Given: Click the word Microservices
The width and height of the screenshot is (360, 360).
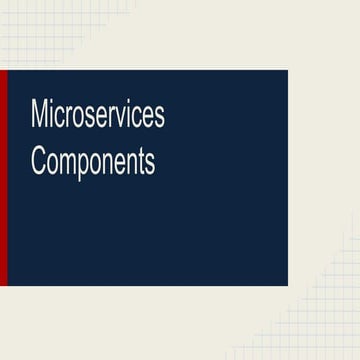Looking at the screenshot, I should coord(98,115).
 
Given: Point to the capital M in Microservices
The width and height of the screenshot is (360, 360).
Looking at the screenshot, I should coord(41,115).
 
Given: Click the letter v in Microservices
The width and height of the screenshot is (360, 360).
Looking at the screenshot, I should coord(124,117).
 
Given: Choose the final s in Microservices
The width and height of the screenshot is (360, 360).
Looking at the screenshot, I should coord(159,117).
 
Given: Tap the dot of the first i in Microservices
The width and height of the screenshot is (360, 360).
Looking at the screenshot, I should coord(53,103).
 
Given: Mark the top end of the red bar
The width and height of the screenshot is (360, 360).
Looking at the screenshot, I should coord(3,72).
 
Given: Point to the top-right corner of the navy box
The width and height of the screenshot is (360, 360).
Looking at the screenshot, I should coord(287,71).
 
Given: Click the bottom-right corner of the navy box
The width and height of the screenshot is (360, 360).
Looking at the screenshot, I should coord(287,285).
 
